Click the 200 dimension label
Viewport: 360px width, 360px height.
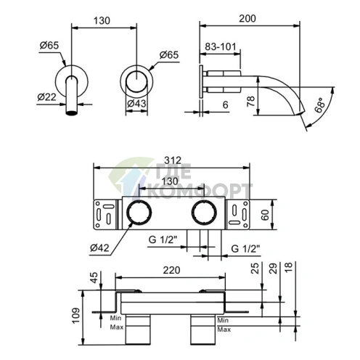[x=247, y=19]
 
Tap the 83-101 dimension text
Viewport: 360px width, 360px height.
[x=220, y=46]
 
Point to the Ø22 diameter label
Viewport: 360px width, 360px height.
[x=46, y=97]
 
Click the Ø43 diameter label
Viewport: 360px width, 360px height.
[x=136, y=104]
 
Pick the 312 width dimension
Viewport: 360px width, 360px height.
[x=173, y=160]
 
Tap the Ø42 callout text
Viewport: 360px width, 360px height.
[x=99, y=247]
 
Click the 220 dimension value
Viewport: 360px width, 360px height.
[x=171, y=270]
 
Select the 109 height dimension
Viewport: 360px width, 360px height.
[x=76, y=315]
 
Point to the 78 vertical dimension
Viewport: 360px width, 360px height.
[x=251, y=102]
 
